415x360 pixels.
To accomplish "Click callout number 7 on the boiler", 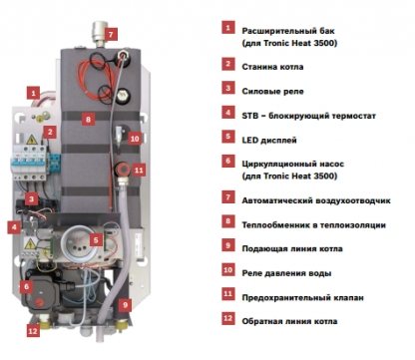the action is [x=111, y=34].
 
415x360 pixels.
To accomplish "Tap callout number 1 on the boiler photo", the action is [x=33, y=93].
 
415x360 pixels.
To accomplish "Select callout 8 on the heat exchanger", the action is [x=88, y=119].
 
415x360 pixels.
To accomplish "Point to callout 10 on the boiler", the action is [x=135, y=138].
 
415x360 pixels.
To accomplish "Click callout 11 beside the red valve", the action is [x=139, y=171].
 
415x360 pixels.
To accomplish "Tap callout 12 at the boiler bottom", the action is [x=33, y=331].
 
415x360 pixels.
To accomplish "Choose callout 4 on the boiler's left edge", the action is [x=14, y=227].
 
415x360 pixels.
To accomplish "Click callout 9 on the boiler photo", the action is [x=126, y=304].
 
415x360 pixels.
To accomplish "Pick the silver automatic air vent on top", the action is [x=100, y=33].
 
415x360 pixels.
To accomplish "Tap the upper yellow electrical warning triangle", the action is [x=32, y=140].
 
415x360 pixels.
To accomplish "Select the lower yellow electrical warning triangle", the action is [x=30, y=244].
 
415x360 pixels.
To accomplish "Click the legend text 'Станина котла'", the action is [x=272, y=67].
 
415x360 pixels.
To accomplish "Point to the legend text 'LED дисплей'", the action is [x=269, y=140].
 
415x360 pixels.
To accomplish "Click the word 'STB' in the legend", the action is [x=249, y=116].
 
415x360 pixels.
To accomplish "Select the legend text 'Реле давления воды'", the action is [x=286, y=273].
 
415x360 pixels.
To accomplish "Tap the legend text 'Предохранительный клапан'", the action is [x=302, y=297].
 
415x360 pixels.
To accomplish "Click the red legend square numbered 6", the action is [x=228, y=161].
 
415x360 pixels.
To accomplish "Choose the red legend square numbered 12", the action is [x=228, y=318].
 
